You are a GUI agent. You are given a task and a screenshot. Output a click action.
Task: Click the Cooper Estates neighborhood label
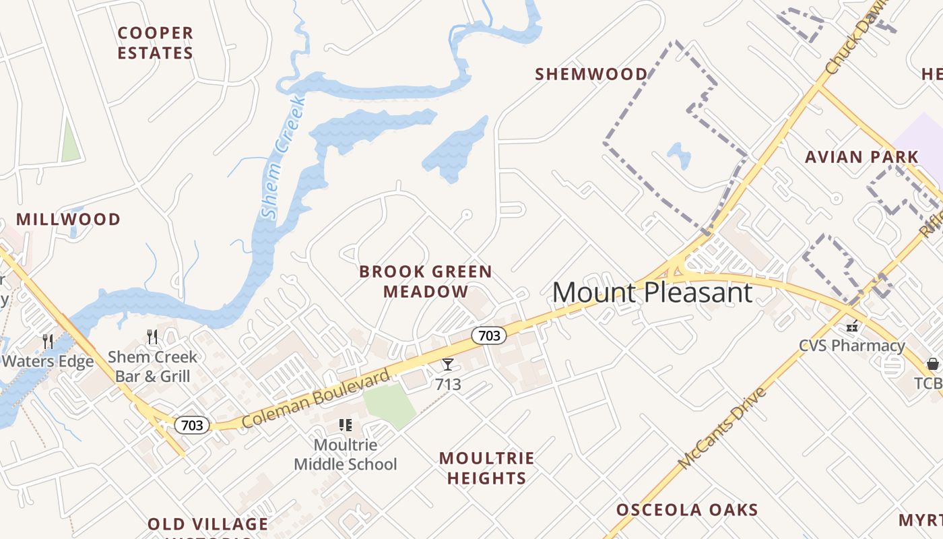point(155,42)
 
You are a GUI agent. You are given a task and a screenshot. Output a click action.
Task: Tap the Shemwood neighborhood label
point(591,74)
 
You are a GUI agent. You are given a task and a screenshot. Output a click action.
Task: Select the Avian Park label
point(861,157)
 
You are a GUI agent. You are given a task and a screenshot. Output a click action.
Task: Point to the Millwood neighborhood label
point(68,219)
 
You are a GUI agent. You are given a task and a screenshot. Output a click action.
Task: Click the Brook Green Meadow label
point(426,282)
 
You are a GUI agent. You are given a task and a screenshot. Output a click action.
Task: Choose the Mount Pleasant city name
point(652,292)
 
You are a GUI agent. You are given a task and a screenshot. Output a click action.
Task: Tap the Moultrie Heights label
point(486,468)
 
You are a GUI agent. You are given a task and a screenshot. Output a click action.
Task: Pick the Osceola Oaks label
point(687,509)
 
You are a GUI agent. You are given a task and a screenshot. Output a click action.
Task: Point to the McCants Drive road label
point(723,429)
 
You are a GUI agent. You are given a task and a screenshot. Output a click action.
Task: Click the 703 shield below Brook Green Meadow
point(488,335)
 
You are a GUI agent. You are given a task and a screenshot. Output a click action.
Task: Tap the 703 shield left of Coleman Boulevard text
point(192,425)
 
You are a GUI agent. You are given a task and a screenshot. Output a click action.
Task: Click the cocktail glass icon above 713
point(448,364)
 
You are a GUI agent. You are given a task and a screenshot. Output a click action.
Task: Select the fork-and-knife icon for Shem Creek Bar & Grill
point(152,337)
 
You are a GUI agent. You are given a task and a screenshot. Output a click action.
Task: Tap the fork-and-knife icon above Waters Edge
point(48,341)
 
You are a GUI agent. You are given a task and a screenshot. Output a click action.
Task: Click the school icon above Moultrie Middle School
point(346,425)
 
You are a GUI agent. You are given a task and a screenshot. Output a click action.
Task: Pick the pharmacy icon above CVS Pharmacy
point(852,326)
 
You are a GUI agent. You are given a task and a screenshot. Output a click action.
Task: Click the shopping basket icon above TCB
point(933,364)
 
